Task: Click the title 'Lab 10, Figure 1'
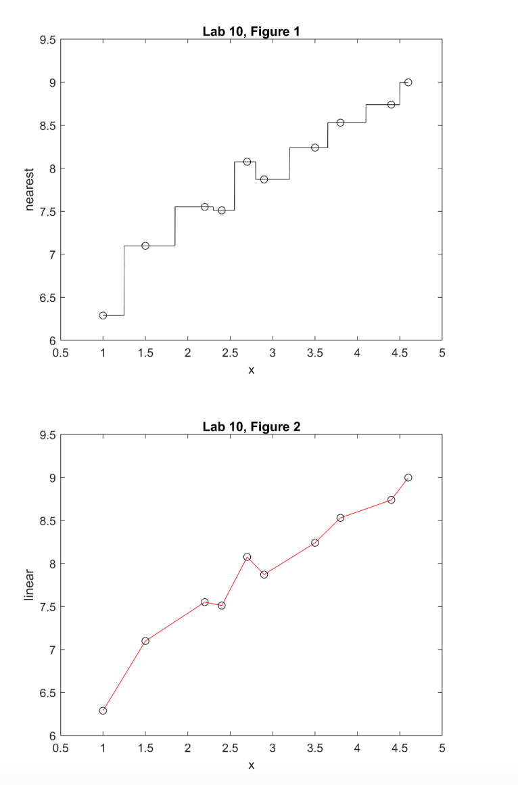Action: [x=251, y=31]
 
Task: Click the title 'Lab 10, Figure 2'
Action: [x=251, y=426]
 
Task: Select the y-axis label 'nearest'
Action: [x=29, y=189]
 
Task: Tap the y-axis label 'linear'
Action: [x=29, y=585]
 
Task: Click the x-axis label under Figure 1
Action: [x=251, y=370]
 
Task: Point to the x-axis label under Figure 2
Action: [x=251, y=765]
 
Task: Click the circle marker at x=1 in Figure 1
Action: [x=103, y=315]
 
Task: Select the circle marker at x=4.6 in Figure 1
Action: [x=408, y=83]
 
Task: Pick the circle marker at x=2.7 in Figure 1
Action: [x=247, y=162]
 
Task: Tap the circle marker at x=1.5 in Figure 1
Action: [x=145, y=246]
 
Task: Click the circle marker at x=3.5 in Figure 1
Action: [x=315, y=148]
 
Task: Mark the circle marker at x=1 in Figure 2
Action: [x=103, y=711]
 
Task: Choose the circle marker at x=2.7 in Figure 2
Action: [x=247, y=557]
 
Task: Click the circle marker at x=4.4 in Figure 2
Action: [x=391, y=500]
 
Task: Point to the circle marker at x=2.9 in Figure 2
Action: [x=264, y=575]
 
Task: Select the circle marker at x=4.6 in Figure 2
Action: [x=408, y=478]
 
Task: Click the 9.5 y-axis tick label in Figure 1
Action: [x=47, y=40]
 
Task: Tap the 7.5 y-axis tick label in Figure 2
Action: [x=47, y=606]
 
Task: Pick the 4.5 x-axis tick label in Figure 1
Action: [x=399, y=353]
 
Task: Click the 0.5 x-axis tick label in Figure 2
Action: [x=60, y=748]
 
